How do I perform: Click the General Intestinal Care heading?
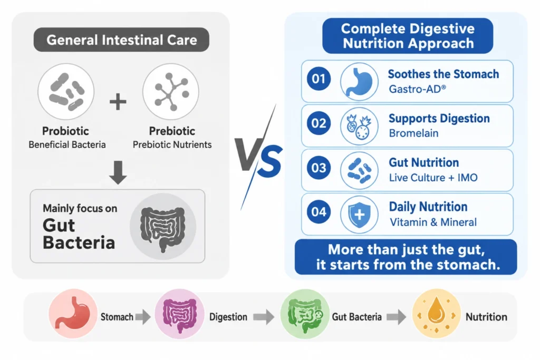[x=122, y=40]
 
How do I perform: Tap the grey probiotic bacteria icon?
[x=66, y=92]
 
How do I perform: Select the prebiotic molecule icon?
[x=171, y=92]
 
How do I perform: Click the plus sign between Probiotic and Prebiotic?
[x=118, y=102]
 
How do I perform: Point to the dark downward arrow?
[x=118, y=172]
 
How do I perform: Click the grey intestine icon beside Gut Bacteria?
[x=163, y=227]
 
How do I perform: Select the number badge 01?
[x=319, y=79]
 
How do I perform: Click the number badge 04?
[x=319, y=212]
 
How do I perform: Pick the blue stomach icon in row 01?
[x=359, y=82]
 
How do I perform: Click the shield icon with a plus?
[x=359, y=215]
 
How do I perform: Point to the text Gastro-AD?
[x=418, y=89]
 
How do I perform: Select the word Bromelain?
[x=413, y=133]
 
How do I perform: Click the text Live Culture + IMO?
[x=433, y=178]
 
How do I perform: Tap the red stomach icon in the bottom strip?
[x=73, y=314]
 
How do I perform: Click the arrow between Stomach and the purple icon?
[x=143, y=317]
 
